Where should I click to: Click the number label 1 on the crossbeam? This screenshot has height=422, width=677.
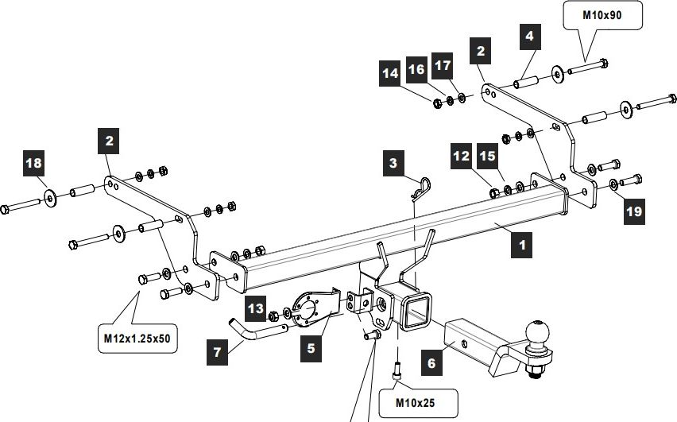522,245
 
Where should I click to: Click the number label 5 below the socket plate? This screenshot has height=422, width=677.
311,347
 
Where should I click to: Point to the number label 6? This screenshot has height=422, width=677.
431,364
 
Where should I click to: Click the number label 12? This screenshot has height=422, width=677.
462,157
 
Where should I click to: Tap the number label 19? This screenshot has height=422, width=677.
633,211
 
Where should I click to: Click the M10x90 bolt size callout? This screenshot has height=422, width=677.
602,16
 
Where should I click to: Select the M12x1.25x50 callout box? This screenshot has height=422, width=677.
138,339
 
